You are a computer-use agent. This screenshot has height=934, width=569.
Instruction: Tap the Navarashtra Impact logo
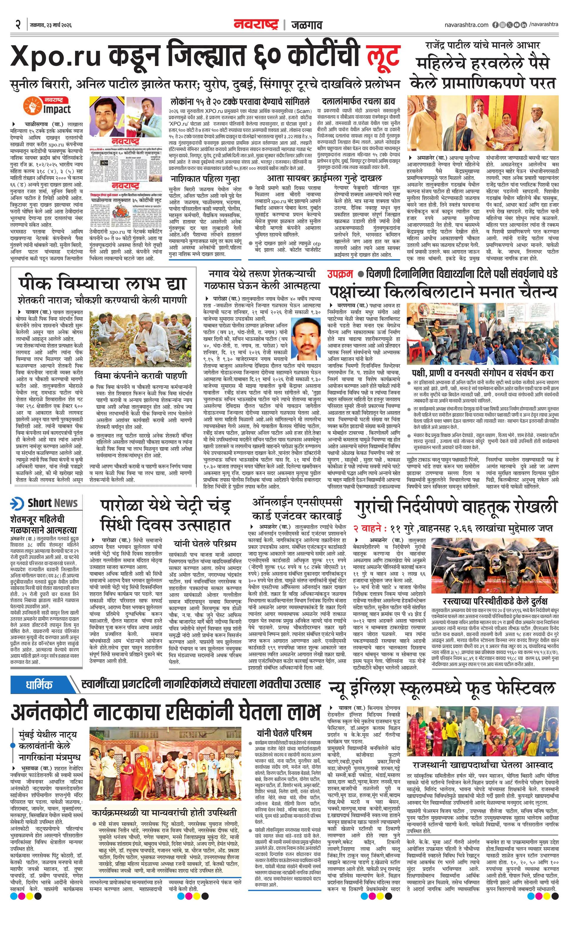[x=47, y=105]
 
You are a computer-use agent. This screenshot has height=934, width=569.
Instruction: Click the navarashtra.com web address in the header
[x=466, y=25]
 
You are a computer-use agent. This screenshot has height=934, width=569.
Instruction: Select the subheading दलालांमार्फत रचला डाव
[x=358, y=102]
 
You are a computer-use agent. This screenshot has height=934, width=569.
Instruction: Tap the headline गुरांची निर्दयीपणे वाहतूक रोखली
[x=455, y=507]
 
